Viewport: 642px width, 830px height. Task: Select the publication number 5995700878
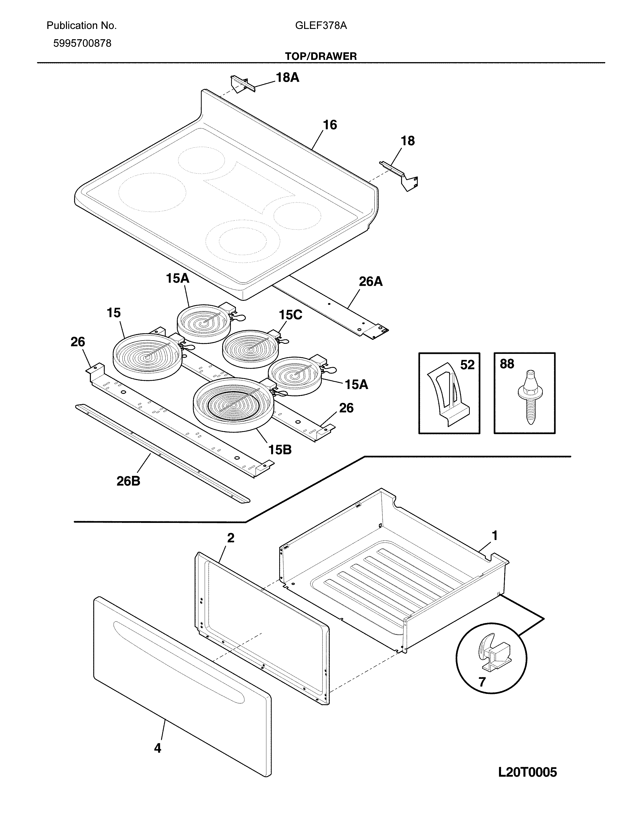click(x=82, y=43)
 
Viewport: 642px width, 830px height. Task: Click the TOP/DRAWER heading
click(x=320, y=56)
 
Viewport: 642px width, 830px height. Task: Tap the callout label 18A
click(x=287, y=77)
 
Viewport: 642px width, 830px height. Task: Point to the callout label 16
click(x=330, y=125)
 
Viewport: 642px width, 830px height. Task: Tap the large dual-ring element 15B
click(x=233, y=404)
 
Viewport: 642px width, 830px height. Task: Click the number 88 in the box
click(x=507, y=364)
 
